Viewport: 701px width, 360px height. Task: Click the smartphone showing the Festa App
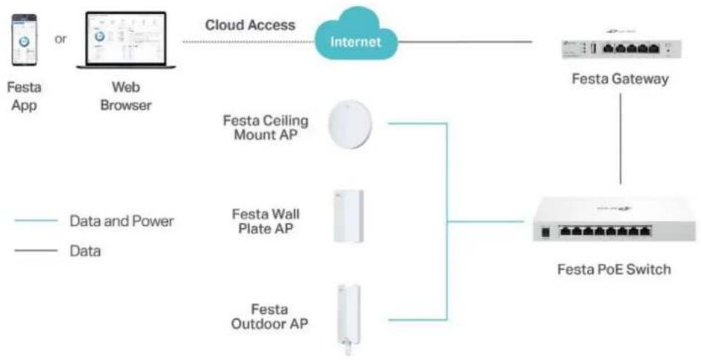tap(24, 40)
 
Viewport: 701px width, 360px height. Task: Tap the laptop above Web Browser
tap(126, 40)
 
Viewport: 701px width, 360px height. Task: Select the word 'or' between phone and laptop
tap(61, 39)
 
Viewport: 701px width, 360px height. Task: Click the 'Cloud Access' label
tap(250, 25)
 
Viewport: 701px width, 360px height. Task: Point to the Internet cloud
tap(356, 35)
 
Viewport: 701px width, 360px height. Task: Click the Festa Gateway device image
tap(621, 47)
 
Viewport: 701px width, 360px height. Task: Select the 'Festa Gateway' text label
tap(620, 80)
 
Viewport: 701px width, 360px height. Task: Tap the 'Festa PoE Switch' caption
tap(614, 269)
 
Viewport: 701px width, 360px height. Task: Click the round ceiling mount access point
tap(350, 123)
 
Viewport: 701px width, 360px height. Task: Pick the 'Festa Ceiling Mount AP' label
tap(265, 127)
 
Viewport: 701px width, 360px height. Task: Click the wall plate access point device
tap(348, 216)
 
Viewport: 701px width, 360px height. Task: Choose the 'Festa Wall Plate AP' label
tap(266, 220)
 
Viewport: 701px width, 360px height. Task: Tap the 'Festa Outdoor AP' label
tap(269, 316)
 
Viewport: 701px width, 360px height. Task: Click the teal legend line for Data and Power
tap(35, 220)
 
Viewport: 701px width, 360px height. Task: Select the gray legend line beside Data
tap(35, 251)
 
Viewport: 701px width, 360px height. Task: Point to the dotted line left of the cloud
tap(248, 42)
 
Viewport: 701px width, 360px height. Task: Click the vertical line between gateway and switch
tap(620, 138)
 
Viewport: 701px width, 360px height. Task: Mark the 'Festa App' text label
tap(24, 97)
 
